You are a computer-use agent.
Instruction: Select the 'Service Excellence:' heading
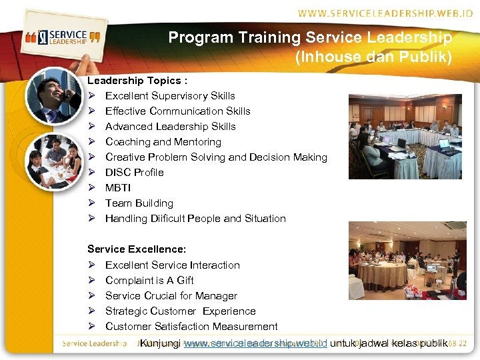click(x=137, y=249)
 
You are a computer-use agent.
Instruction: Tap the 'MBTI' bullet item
click(x=118, y=188)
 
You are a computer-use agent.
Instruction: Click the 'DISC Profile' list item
click(x=134, y=173)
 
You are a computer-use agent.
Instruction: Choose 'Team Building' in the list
click(x=139, y=203)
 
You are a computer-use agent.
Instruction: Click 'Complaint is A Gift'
click(x=149, y=281)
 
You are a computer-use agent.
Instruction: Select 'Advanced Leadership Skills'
click(x=170, y=127)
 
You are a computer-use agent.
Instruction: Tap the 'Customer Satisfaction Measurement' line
click(x=191, y=327)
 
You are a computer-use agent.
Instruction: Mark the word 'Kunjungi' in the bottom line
click(x=159, y=343)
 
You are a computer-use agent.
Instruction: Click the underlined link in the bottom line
click(x=255, y=343)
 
